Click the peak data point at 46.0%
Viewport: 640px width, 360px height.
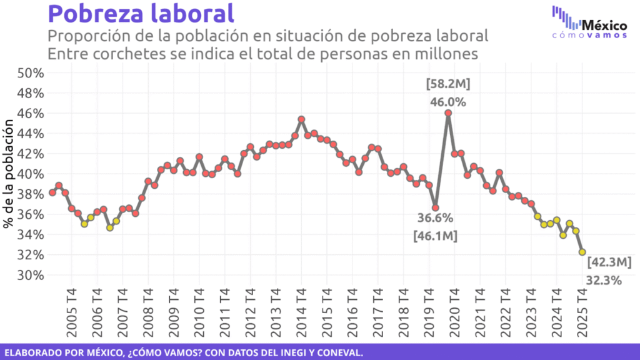(448, 112)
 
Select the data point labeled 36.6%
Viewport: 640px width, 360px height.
(436, 207)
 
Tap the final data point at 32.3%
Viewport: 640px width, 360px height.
(582, 252)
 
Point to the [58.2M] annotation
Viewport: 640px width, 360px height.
(447, 84)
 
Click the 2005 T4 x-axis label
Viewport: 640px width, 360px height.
(71, 311)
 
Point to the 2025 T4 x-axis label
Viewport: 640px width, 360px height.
(582, 311)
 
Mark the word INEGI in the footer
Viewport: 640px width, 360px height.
(275, 352)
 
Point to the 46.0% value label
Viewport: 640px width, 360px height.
(447, 102)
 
